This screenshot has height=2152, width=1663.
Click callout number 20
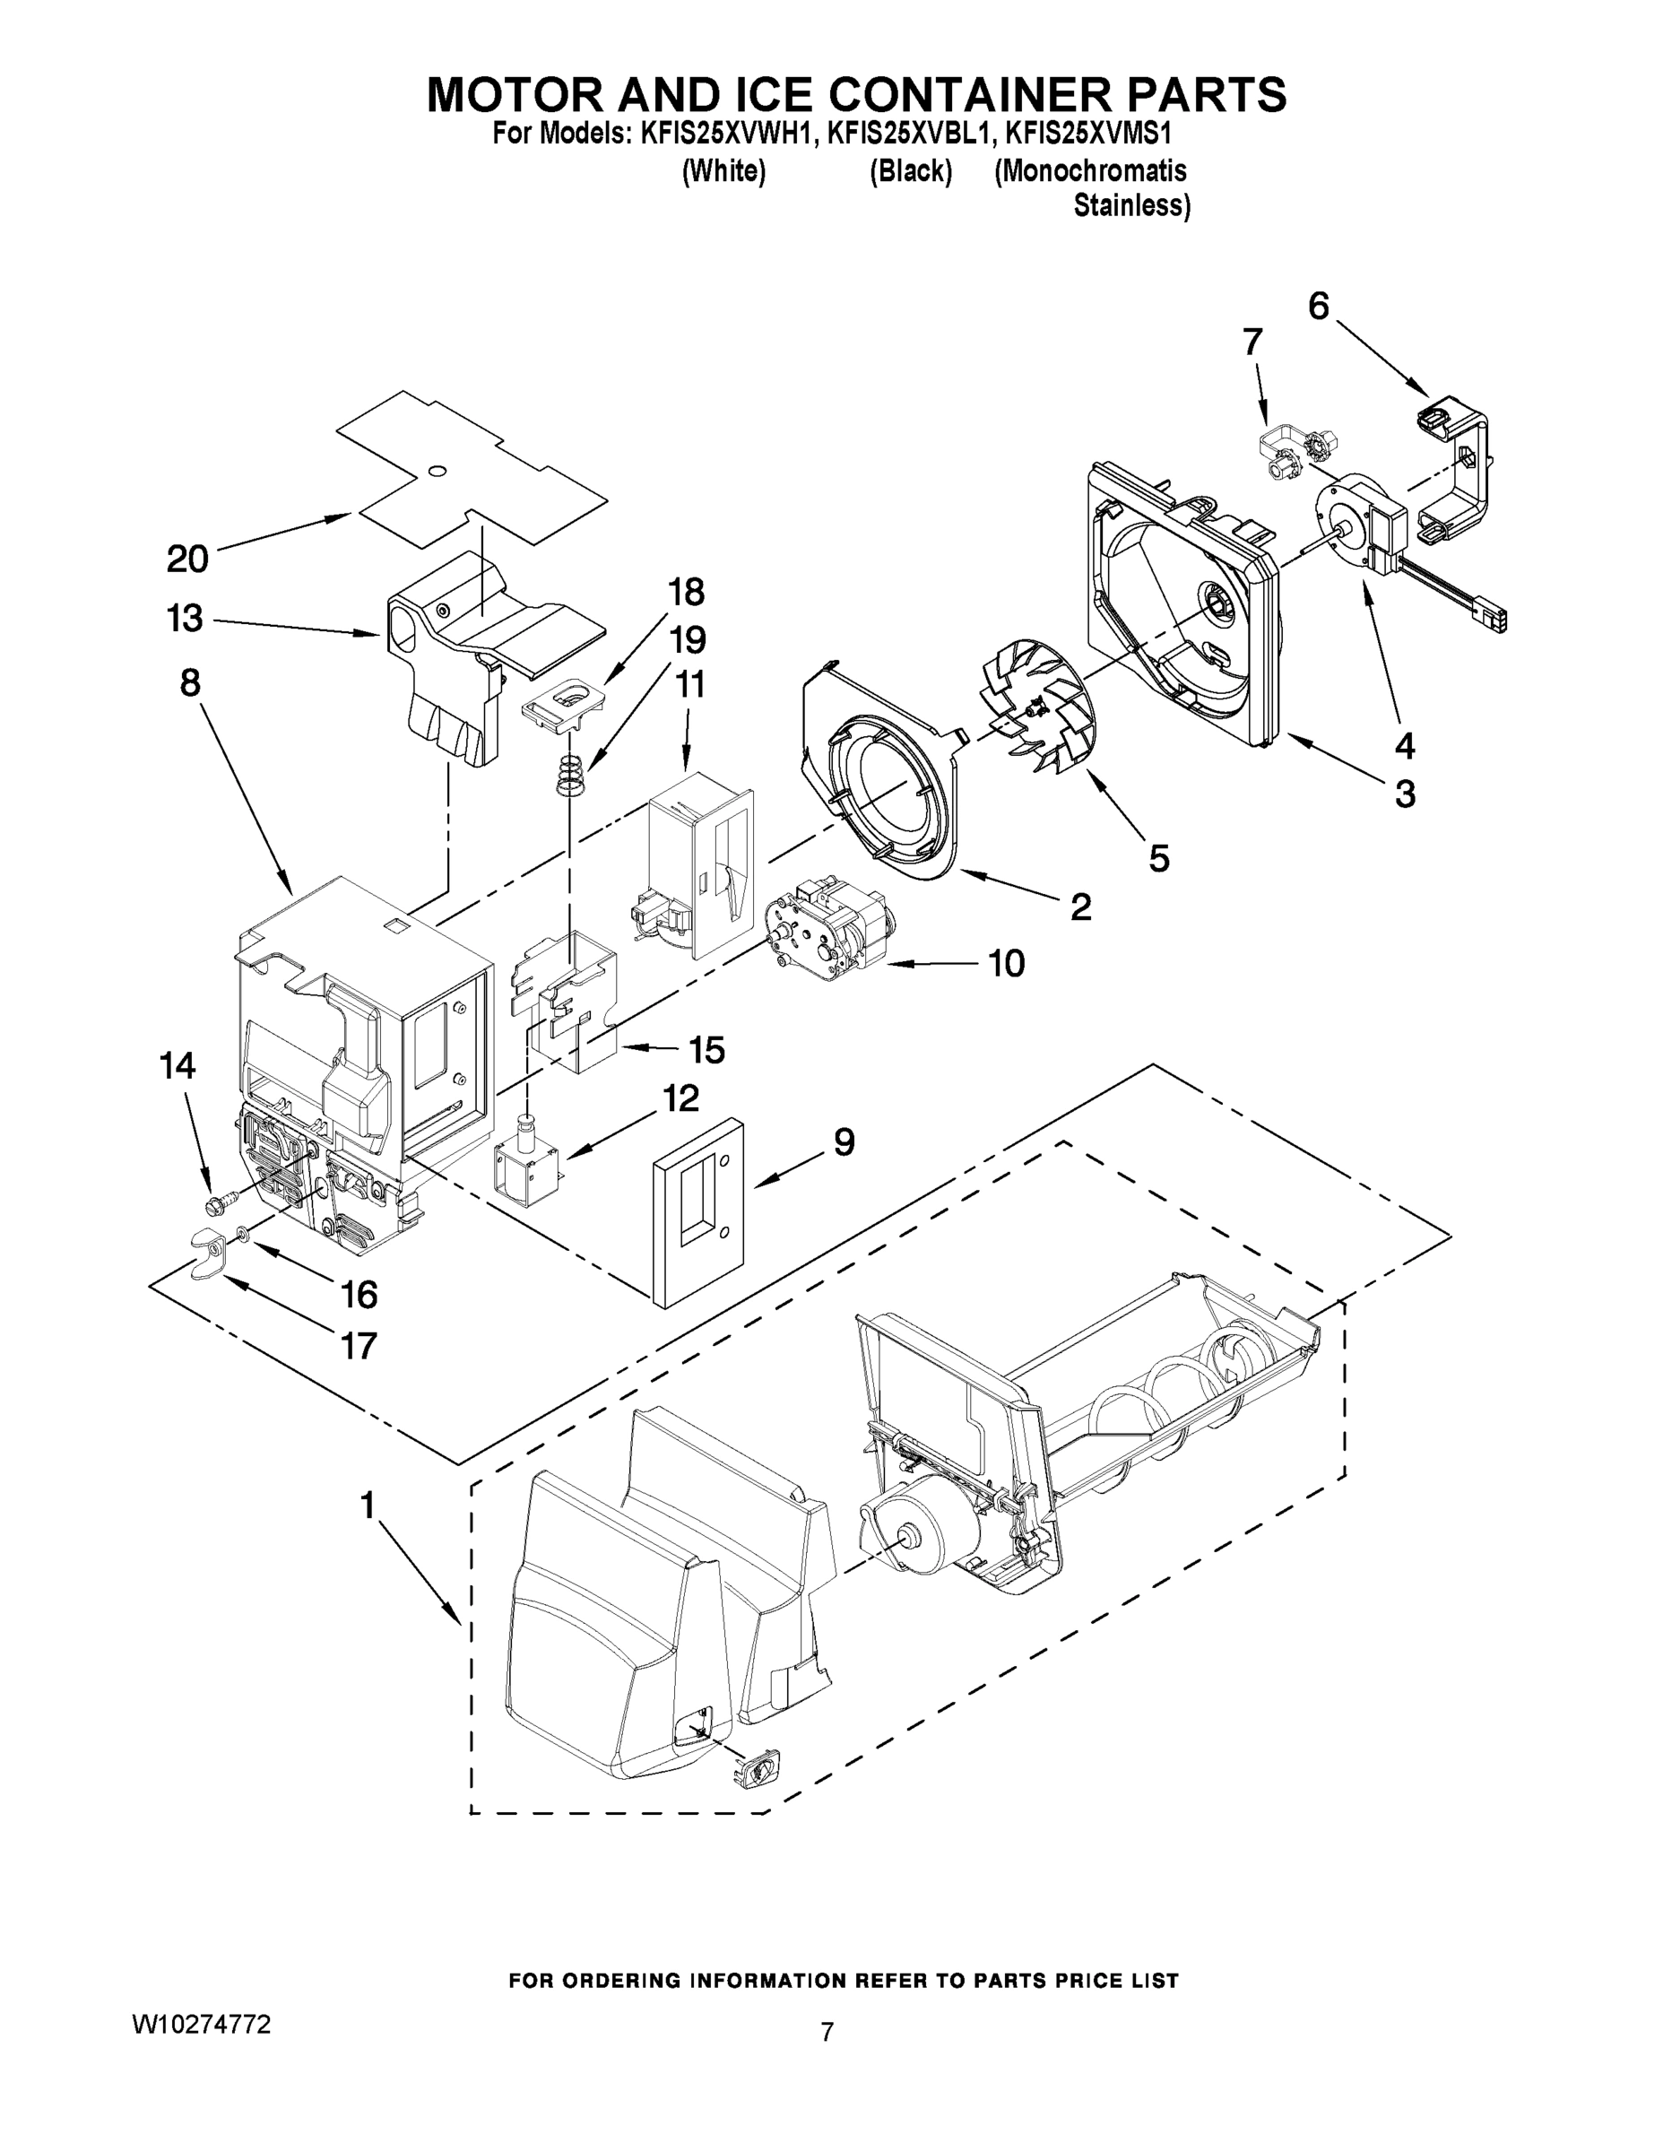click(x=187, y=559)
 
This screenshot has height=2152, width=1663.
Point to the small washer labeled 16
click(x=242, y=1233)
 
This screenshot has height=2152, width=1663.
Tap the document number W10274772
click(x=201, y=2025)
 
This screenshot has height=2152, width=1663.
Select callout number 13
click(x=185, y=619)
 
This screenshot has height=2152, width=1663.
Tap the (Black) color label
click(x=910, y=171)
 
